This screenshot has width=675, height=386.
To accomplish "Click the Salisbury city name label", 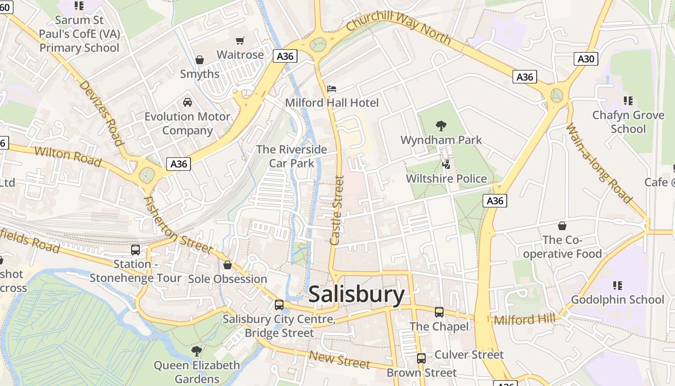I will click(x=356, y=294).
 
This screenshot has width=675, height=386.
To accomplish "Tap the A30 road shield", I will click(x=586, y=59).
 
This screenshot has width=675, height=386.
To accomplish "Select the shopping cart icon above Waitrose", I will click(x=240, y=41).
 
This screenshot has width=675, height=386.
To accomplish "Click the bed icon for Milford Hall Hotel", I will click(x=332, y=89).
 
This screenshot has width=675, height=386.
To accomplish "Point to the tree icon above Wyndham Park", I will click(x=441, y=126).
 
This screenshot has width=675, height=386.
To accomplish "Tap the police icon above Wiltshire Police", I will click(x=446, y=165).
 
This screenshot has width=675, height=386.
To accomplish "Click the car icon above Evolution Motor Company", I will click(x=188, y=102).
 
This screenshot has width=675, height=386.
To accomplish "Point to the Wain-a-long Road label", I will click(x=598, y=163).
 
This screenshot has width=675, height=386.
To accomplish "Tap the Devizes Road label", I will click(x=101, y=112).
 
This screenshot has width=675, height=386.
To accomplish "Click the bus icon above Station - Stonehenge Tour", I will click(x=135, y=250).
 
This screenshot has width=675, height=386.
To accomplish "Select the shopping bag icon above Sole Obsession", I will click(x=228, y=265).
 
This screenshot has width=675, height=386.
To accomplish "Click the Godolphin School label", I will click(x=617, y=300).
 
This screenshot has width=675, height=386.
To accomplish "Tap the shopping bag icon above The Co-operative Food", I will click(x=562, y=226).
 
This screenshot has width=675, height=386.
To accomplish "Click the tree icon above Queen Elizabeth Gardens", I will click(x=196, y=351).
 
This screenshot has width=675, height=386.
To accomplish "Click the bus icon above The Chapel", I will click(x=439, y=312).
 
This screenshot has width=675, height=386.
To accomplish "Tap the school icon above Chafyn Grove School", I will click(x=628, y=101).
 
